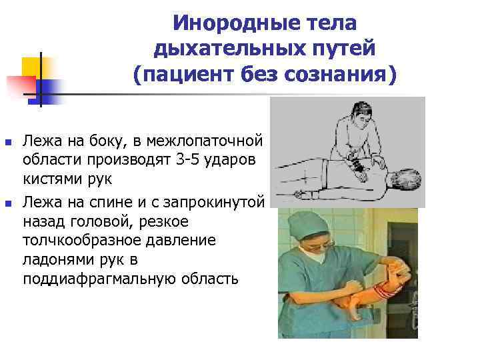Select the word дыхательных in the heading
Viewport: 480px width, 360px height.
[x=215, y=49]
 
